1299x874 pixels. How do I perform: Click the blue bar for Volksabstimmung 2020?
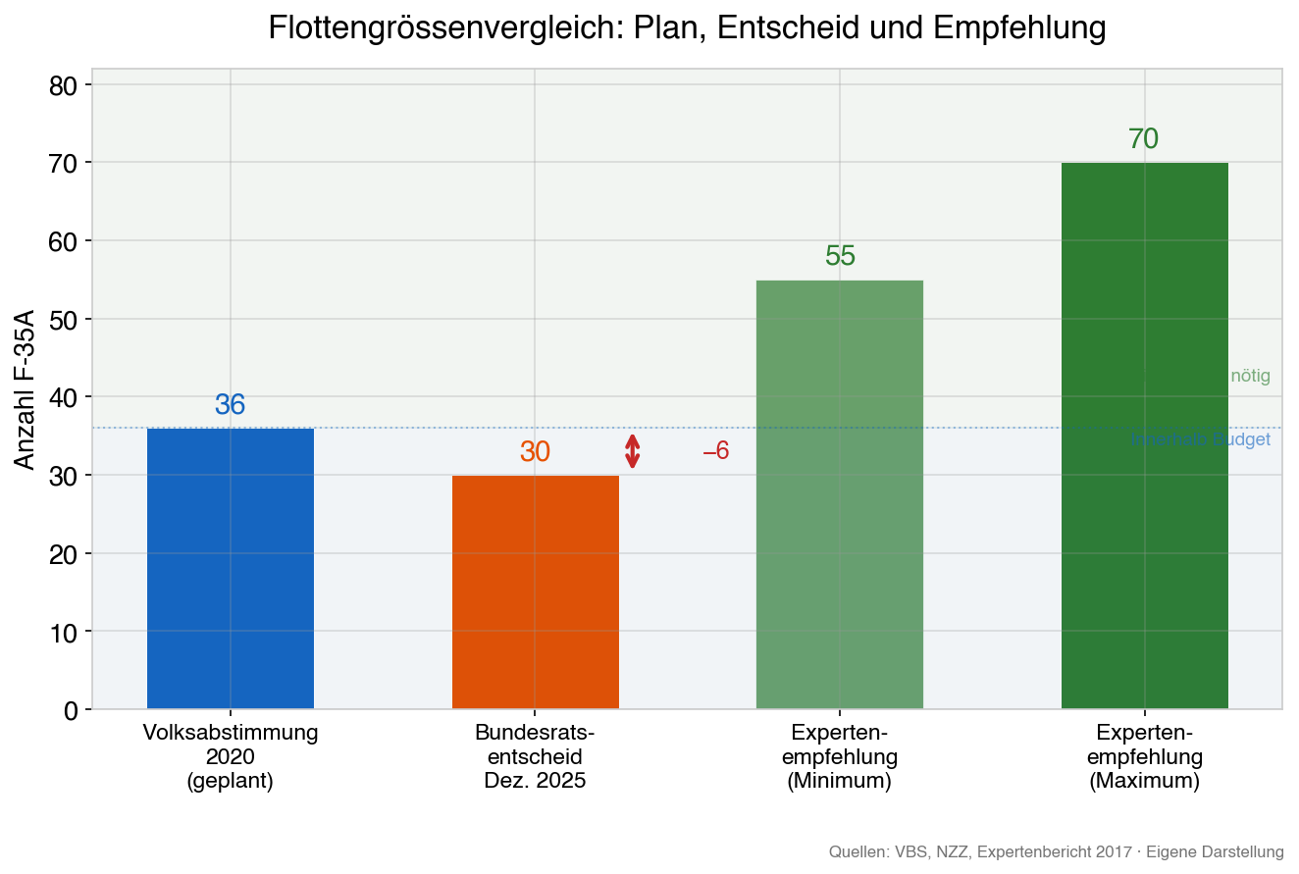(x=231, y=568)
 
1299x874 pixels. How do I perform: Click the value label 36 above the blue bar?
(x=231, y=405)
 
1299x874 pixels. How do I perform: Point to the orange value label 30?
(x=535, y=452)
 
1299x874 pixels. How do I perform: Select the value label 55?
(x=840, y=256)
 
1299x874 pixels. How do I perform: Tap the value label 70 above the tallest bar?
(x=1143, y=139)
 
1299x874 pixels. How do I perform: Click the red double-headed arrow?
(x=633, y=451)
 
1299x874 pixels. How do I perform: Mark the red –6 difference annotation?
(x=715, y=451)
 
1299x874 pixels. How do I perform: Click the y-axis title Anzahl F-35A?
(x=26, y=389)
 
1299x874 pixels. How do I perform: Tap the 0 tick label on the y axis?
(x=70, y=710)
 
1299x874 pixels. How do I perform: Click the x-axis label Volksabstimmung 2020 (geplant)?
(x=231, y=757)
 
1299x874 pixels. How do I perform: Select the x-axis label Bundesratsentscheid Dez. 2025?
(x=535, y=757)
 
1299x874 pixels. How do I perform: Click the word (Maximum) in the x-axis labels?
(x=1144, y=782)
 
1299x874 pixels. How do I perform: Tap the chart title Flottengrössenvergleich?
(x=687, y=28)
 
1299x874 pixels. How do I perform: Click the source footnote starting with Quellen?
(x=1056, y=851)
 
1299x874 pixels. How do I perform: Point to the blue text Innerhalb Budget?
(x=1199, y=439)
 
